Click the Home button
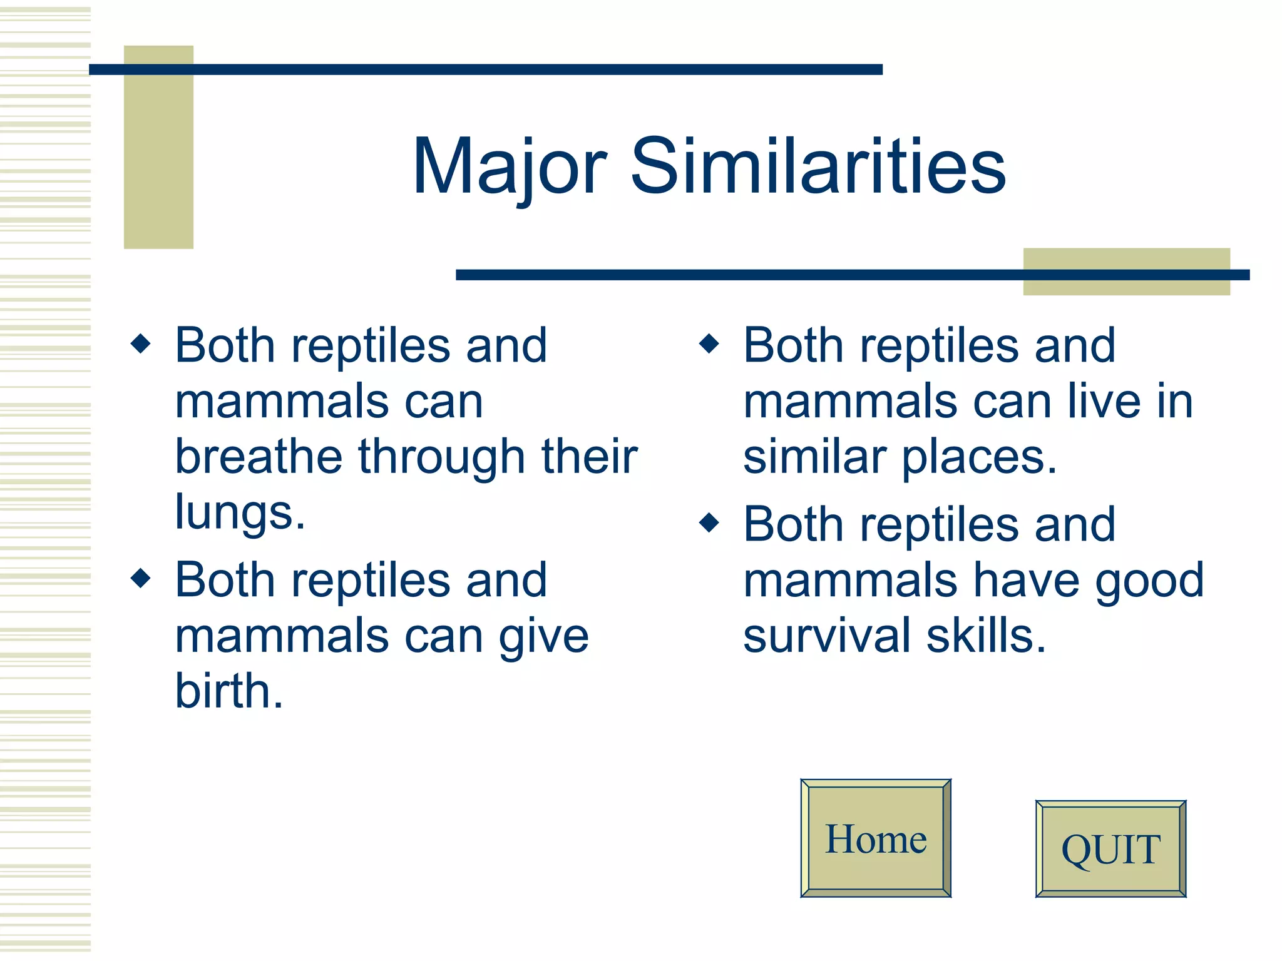(x=876, y=838)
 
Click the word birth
(x=228, y=691)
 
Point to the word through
(x=441, y=457)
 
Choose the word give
(x=543, y=637)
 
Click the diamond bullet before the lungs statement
(x=141, y=343)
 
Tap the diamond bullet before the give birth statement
(x=141, y=577)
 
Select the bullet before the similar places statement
(x=709, y=343)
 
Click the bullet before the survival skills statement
(x=709, y=522)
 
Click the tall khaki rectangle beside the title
(x=158, y=156)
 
